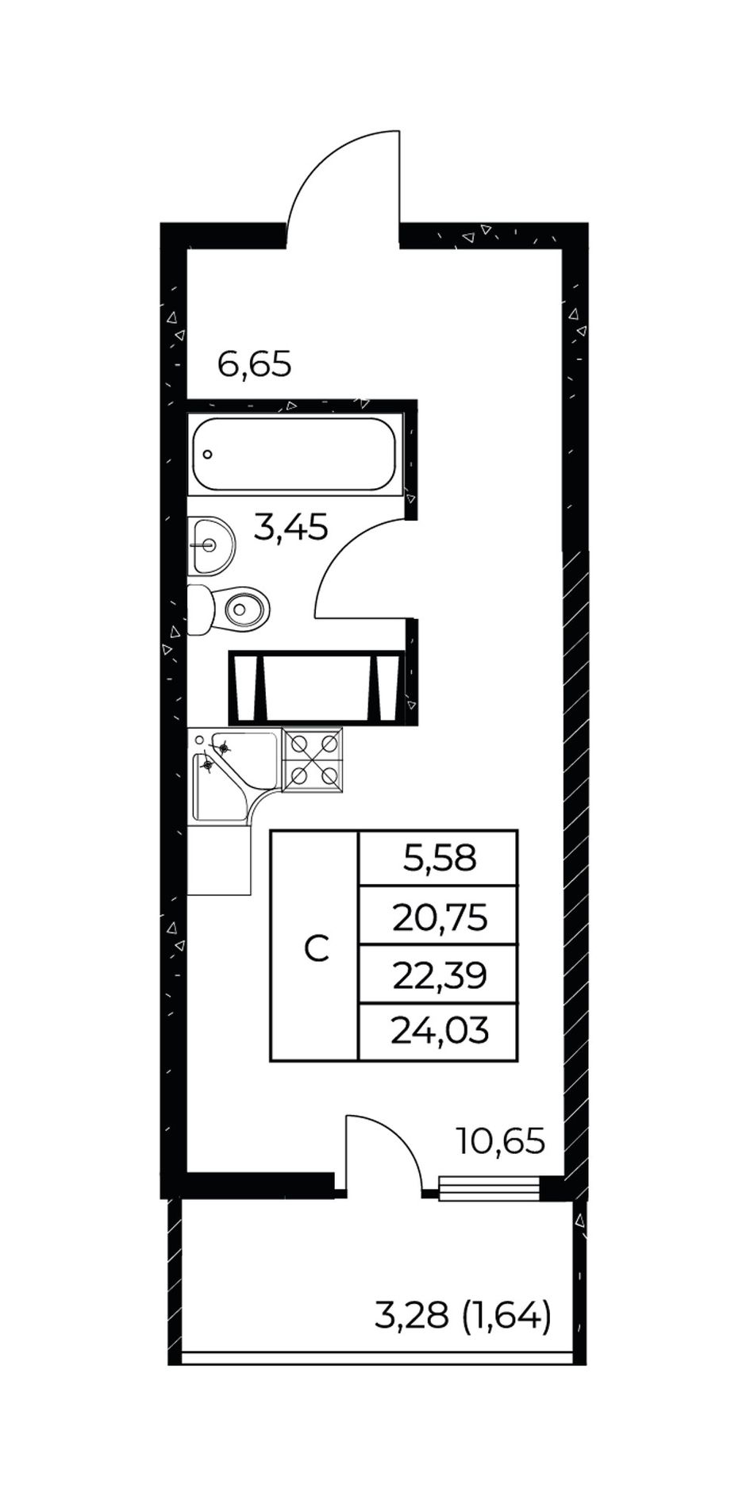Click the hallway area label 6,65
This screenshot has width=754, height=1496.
(255, 366)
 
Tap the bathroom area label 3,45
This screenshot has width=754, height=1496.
(290, 527)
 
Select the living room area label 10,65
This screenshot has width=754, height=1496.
(501, 1142)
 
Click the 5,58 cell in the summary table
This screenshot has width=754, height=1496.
(439, 858)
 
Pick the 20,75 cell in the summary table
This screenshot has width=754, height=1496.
(439, 918)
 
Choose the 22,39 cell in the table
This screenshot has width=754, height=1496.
(439, 975)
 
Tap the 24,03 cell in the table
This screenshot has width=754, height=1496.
(439, 1033)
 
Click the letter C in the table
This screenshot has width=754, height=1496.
(317, 948)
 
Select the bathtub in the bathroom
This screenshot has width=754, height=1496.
(294, 454)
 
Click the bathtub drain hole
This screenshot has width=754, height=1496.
(207, 455)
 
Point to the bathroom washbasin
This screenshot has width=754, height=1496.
(211, 545)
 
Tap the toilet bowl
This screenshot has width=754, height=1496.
(229, 610)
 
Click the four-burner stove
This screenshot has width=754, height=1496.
(313, 760)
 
